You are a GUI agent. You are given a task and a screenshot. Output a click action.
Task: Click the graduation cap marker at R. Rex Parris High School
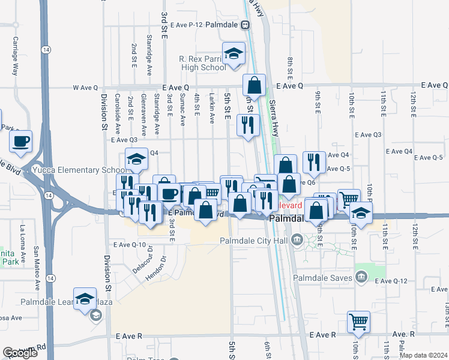(234, 53)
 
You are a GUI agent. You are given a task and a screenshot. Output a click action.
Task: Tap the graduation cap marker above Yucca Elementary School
(136, 160)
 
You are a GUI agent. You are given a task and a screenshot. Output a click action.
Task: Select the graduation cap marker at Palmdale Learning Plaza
(86, 299)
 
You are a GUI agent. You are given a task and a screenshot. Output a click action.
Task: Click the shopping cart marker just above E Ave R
(358, 322)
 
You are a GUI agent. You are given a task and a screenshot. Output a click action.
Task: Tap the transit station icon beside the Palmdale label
(245, 25)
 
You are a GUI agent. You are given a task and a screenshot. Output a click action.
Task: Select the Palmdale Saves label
(324, 277)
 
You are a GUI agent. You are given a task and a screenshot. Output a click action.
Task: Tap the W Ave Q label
(85, 88)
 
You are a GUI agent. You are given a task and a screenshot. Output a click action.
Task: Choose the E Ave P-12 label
(186, 25)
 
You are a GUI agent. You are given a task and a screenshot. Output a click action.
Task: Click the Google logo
(20, 353)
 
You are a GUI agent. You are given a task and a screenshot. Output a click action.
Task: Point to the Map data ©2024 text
(423, 355)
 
